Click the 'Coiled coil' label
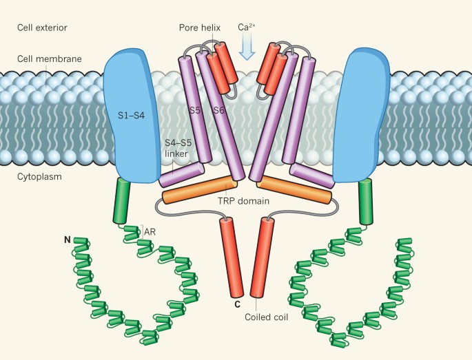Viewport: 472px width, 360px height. click(264, 318)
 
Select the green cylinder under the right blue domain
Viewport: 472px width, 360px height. click(365, 202)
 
